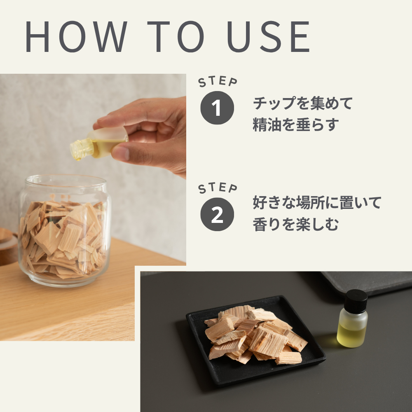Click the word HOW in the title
click(x=77, y=37)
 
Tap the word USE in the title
click(x=268, y=37)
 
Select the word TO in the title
click(x=176, y=37)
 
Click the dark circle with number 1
click(x=217, y=108)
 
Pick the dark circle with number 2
click(x=217, y=214)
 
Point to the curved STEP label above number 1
click(x=218, y=82)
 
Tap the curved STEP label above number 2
click(x=218, y=188)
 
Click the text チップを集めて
click(x=302, y=103)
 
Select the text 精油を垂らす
click(x=295, y=124)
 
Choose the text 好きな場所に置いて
click(x=317, y=202)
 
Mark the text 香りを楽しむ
click(x=295, y=224)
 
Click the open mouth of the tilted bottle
click(x=75, y=150)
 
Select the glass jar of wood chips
click(x=65, y=230)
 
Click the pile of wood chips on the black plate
click(x=255, y=335)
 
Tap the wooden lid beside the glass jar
click(x=8, y=246)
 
